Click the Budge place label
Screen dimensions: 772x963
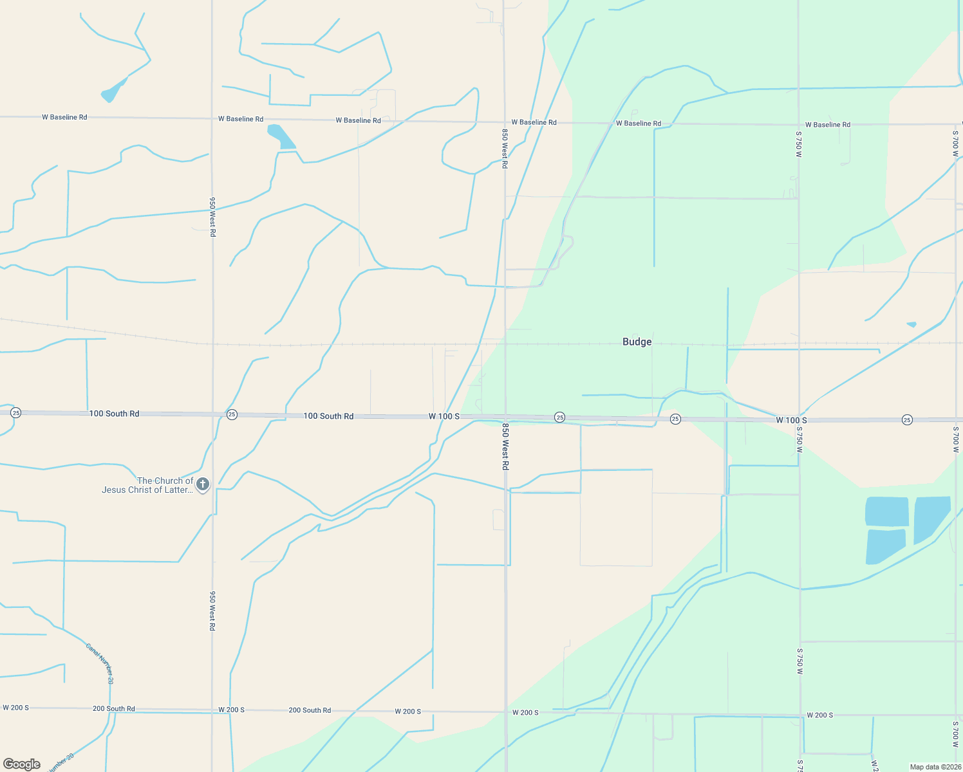[637, 342]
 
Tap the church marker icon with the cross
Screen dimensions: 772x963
[203, 484]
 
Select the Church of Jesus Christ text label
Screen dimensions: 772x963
[148, 485]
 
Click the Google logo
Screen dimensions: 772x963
[22, 764]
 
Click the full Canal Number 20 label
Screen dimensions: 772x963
[100, 663]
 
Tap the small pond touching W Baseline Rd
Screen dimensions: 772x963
[281, 136]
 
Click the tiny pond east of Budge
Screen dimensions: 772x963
[912, 324]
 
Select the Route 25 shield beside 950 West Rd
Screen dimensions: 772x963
[232, 415]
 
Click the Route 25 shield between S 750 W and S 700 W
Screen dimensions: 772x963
[907, 420]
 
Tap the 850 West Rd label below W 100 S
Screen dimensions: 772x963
[505, 446]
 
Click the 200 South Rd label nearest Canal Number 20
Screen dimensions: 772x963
[114, 708]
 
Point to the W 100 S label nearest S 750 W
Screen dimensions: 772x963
[791, 420]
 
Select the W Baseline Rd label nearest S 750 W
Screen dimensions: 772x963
[828, 124]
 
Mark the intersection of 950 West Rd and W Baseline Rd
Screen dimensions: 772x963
[212, 118]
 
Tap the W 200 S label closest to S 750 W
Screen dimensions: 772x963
[820, 715]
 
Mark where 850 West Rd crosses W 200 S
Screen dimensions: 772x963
[506, 712]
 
